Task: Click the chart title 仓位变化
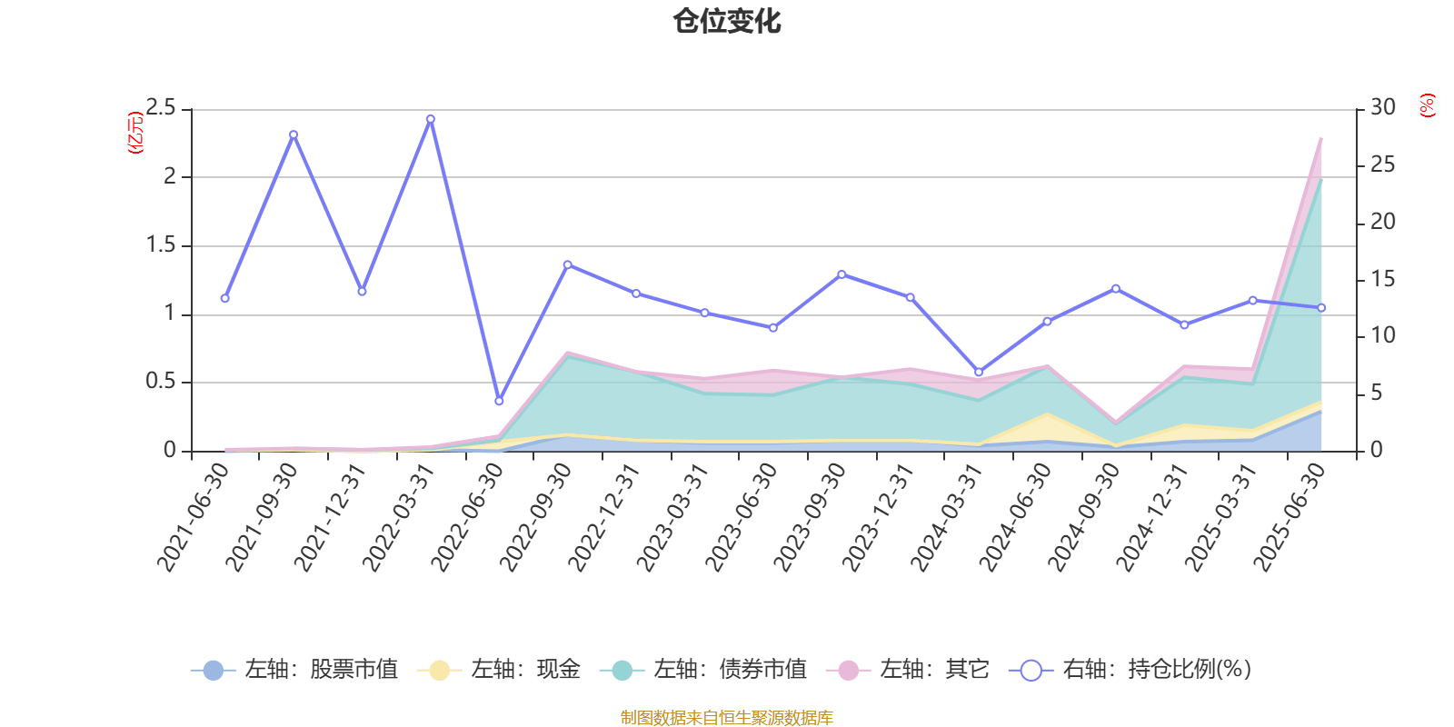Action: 727,21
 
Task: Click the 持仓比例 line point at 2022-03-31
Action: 430,119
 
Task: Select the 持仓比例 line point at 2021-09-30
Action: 293,134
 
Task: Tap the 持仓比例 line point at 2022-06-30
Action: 499,401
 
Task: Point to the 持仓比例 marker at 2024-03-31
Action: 979,372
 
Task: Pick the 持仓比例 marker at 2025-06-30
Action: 1321,308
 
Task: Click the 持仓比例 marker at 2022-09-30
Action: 567,264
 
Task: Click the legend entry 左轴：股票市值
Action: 295,670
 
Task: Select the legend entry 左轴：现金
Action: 499,670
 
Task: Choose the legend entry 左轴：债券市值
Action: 703,670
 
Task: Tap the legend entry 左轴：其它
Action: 908,670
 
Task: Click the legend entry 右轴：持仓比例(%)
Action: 1130,670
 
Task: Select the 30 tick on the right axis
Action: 1382,107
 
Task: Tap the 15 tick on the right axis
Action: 1382,279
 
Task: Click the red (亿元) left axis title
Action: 134,133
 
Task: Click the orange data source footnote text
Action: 726,718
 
